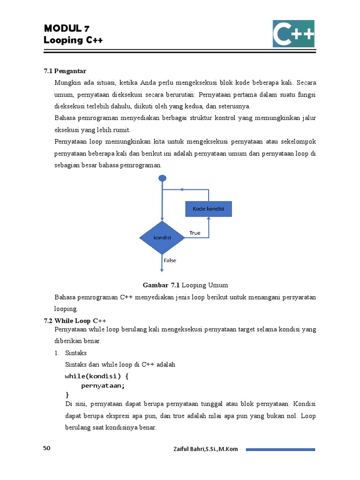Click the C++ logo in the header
[x=293, y=33]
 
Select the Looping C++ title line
[x=73, y=40]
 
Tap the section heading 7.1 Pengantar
[x=65, y=71]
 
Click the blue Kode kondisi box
[x=209, y=209]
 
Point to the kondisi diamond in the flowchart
[x=162, y=238]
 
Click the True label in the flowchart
[x=195, y=233]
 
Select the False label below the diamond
[x=170, y=261]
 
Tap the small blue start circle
[x=162, y=178]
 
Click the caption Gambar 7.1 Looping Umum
[x=185, y=285]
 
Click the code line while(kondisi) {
[x=97, y=376]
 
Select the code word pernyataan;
[x=103, y=386]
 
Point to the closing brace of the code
[x=67, y=395]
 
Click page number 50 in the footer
[x=47, y=449]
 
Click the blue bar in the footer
[x=280, y=450]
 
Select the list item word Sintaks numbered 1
[x=76, y=352]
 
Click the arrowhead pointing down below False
[x=162, y=269]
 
